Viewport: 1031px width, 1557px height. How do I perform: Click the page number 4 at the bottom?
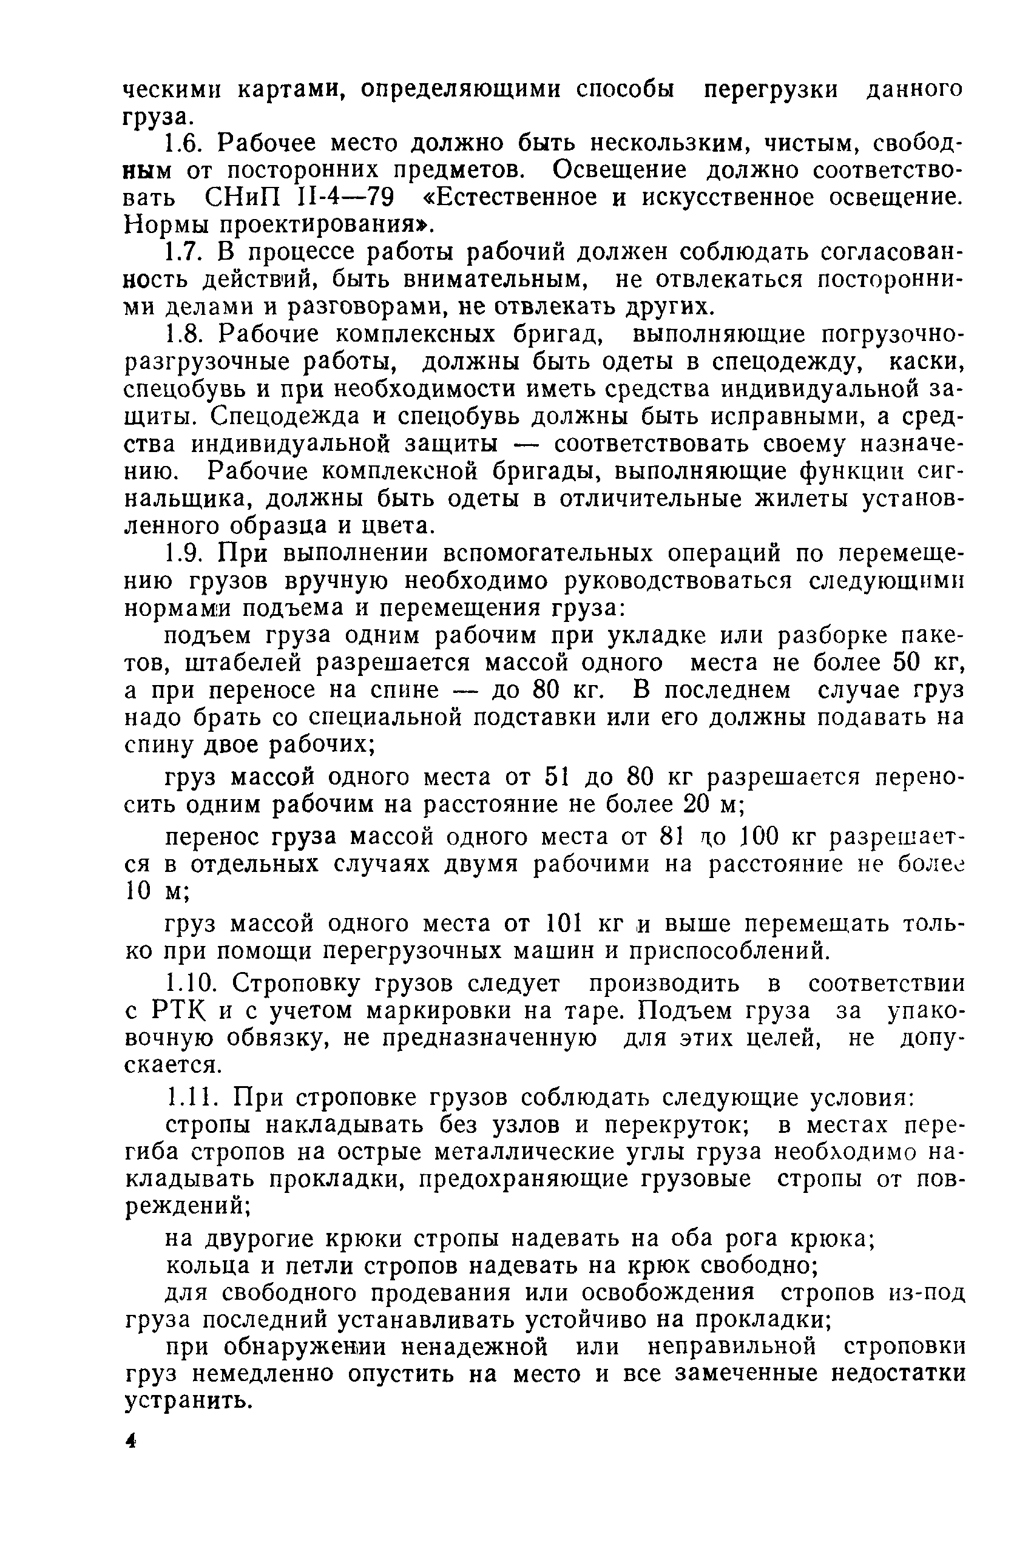(x=131, y=1441)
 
